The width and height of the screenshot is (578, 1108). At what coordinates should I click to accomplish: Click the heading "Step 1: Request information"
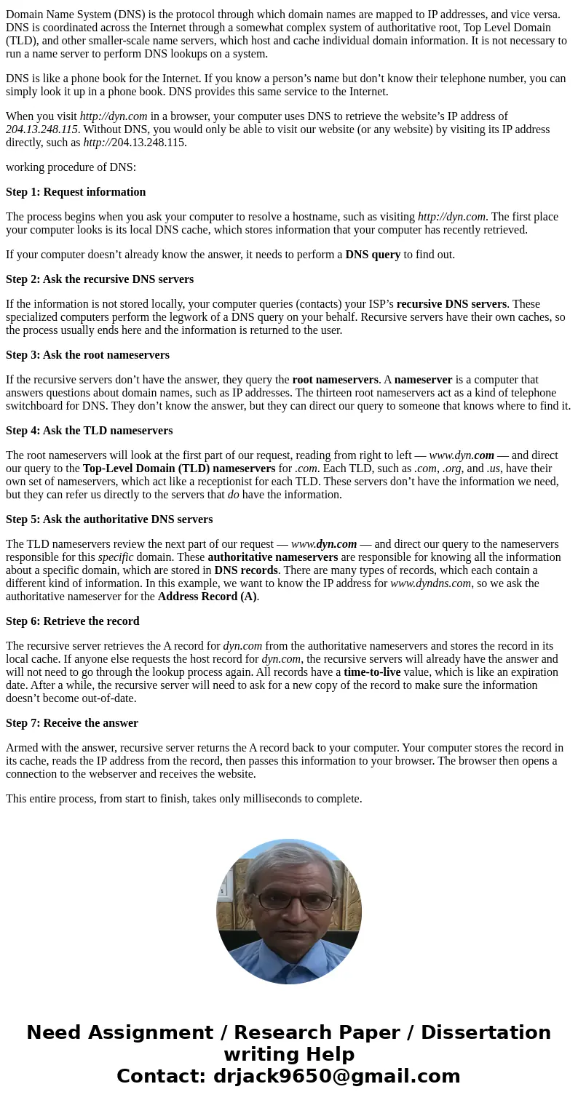click(x=76, y=192)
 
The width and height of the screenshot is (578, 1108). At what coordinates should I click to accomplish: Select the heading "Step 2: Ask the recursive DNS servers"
click(x=100, y=279)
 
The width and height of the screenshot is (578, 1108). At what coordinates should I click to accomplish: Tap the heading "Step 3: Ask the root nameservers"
click(x=87, y=355)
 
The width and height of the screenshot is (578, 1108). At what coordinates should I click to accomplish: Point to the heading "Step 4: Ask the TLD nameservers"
click(x=89, y=431)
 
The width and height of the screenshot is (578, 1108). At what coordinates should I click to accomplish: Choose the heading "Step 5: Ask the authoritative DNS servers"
click(x=109, y=519)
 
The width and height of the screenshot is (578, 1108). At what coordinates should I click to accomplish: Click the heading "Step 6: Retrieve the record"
click(x=72, y=621)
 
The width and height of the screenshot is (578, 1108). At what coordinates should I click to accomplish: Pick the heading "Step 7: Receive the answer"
click(x=71, y=723)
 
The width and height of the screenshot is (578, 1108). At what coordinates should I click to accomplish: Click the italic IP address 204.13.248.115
click(x=41, y=129)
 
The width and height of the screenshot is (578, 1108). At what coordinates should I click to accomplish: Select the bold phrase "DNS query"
click(x=373, y=255)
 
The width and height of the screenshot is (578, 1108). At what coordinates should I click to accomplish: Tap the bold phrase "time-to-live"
click(x=372, y=672)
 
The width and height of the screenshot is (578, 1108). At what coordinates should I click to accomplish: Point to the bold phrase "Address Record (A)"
click(x=207, y=597)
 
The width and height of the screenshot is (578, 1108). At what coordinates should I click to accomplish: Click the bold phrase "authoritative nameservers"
click(x=272, y=557)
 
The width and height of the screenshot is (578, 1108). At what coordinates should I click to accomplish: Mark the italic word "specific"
click(x=116, y=557)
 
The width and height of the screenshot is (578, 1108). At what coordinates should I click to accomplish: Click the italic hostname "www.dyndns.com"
click(x=430, y=583)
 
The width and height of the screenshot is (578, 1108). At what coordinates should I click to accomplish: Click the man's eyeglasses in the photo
click(x=289, y=900)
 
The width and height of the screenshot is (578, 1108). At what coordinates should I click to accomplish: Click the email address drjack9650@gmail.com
click(x=336, y=1076)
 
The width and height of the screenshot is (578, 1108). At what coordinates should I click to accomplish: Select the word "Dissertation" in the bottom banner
click(x=486, y=1032)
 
